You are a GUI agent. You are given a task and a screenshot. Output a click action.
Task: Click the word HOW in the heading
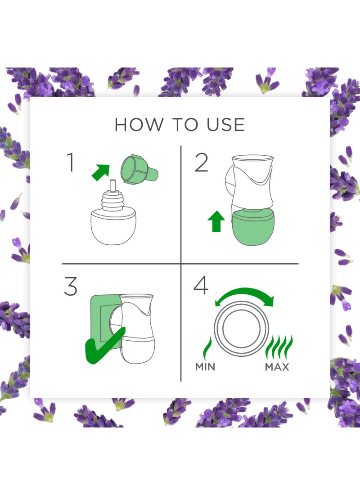[139, 125]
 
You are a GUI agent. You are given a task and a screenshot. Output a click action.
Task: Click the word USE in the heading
[225, 125]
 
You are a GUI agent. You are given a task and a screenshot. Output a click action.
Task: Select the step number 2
[202, 162]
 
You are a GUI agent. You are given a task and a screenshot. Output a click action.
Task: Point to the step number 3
[70, 286]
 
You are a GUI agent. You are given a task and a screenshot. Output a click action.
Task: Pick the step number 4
[201, 285]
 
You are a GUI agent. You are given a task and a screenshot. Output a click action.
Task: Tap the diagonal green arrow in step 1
[101, 172]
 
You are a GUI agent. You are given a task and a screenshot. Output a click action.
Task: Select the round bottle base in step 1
[113, 227]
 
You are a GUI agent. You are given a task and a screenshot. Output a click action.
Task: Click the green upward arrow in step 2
[216, 221]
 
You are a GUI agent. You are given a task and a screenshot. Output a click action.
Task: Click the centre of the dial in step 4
[241, 328]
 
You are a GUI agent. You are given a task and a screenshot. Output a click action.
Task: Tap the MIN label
[205, 367]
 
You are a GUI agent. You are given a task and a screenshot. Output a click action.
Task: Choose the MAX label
[277, 367]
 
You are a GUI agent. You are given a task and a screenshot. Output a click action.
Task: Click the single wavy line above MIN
[207, 348]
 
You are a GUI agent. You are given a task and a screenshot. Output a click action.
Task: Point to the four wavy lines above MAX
[279, 347]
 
